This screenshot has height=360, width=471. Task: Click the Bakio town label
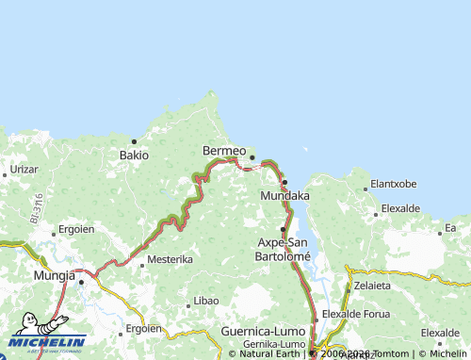click(x=133, y=155)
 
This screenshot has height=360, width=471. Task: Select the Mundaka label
click(x=284, y=196)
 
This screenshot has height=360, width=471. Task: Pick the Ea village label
click(x=450, y=228)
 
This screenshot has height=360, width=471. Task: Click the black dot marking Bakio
click(x=134, y=141)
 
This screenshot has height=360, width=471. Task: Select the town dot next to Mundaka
click(x=284, y=182)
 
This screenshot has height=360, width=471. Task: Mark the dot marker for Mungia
click(x=81, y=280)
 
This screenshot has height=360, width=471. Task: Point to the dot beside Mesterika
click(x=142, y=265)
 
